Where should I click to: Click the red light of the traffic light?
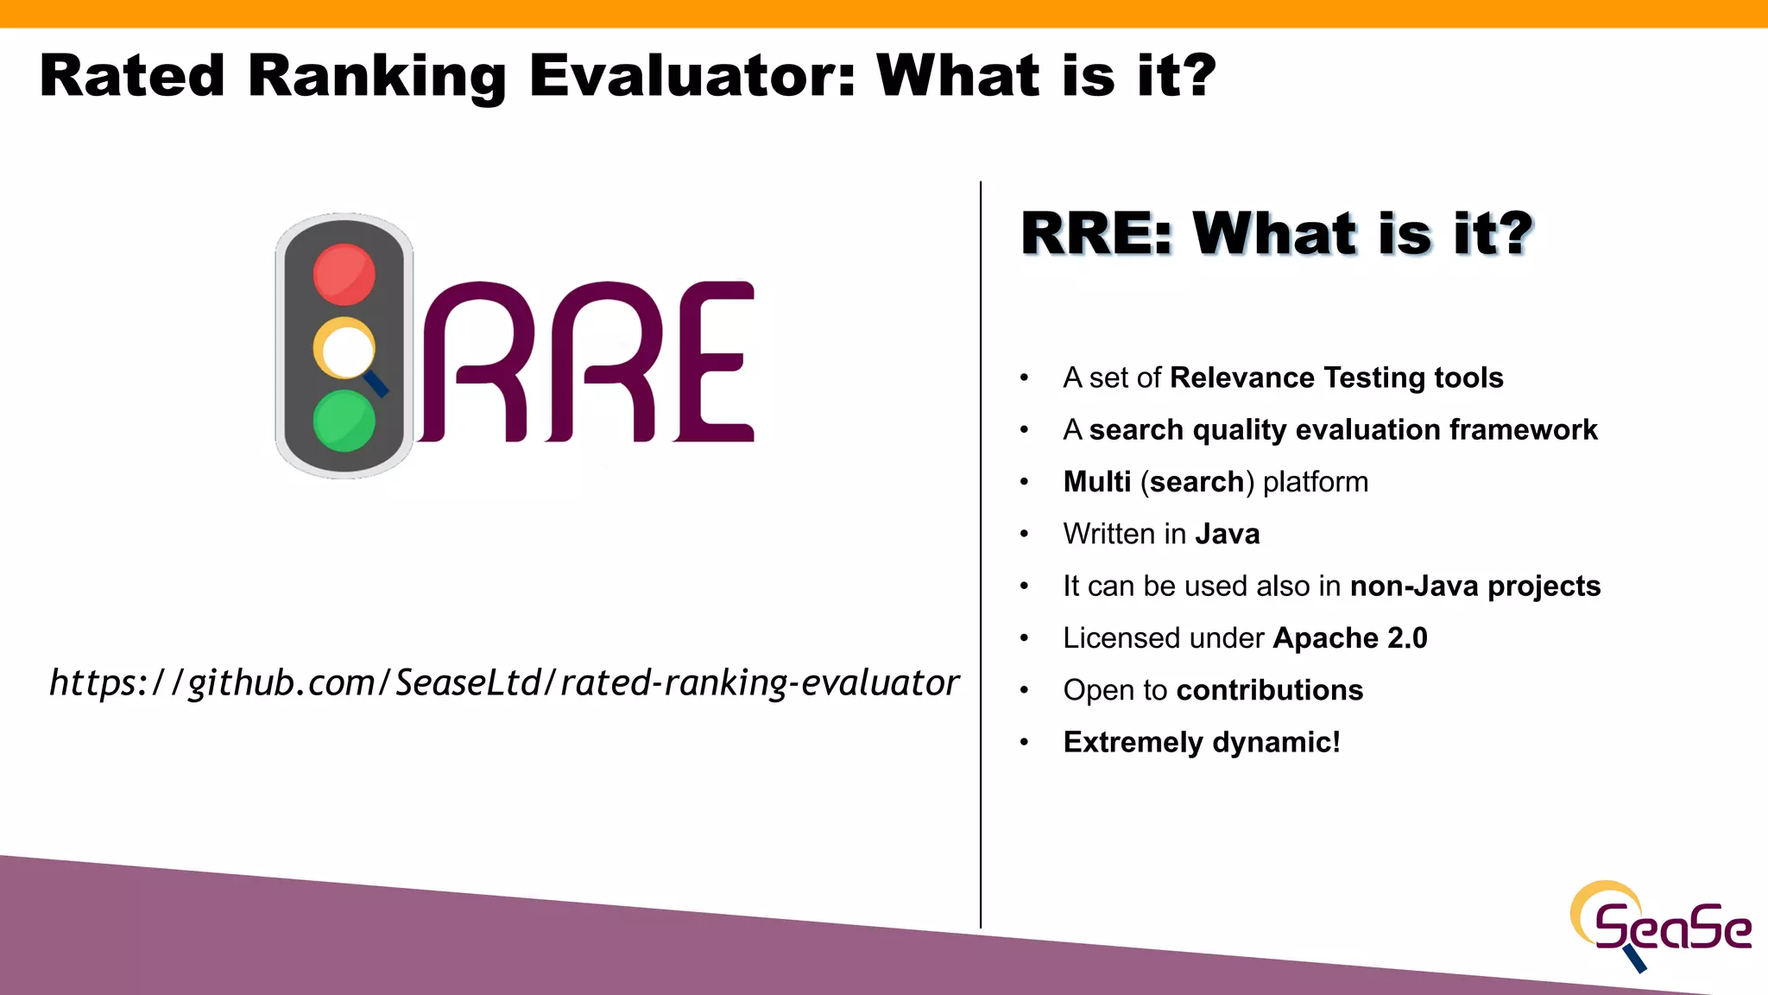point(344,275)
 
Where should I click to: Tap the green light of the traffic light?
point(344,421)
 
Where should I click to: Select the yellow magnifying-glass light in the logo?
point(344,350)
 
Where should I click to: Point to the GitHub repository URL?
point(504,682)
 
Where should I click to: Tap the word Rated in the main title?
point(132,76)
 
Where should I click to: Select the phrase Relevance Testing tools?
point(1336,378)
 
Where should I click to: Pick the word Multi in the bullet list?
point(1096,482)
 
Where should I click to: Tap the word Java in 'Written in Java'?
point(1227,534)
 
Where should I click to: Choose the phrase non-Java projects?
point(1475,586)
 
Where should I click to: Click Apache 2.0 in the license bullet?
point(1350,638)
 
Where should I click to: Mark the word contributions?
point(1269,690)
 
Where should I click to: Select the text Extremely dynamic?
point(1202,743)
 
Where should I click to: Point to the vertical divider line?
point(981,553)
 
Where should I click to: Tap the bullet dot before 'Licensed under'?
point(1025,639)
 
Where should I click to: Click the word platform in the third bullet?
point(1316,482)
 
